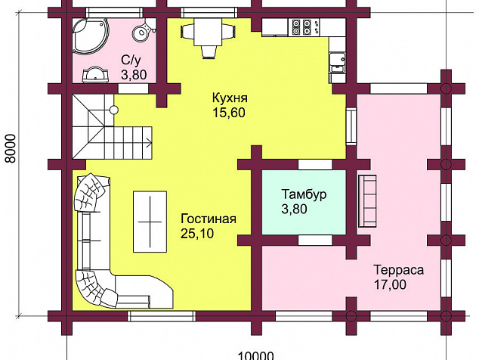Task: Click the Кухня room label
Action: tap(230, 98)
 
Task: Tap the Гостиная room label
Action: tap(209, 219)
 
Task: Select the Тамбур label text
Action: tap(304, 194)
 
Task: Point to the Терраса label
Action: tap(399, 270)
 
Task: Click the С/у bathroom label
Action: tap(131, 61)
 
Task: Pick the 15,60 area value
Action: tap(229, 113)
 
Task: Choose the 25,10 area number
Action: tap(197, 234)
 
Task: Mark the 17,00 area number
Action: tap(390, 285)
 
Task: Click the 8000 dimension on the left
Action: tap(11, 148)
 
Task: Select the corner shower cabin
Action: tap(90, 37)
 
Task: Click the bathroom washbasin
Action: tap(95, 75)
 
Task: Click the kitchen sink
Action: tap(337, 62)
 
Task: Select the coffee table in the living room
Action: tap(150, 222)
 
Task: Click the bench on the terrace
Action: tap(367, 201)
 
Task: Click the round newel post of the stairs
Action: tap(114, 110)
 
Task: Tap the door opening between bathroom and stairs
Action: tap(133, 88)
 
